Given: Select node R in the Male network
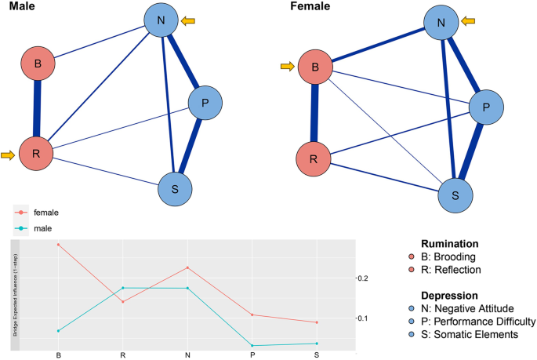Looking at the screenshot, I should coord(37,154).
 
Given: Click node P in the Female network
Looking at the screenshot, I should coord(488,105).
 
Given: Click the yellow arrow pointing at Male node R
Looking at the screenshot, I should coord(8,156).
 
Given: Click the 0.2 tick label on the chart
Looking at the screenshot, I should coord(362,278).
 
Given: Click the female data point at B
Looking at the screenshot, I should coord(59,245).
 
